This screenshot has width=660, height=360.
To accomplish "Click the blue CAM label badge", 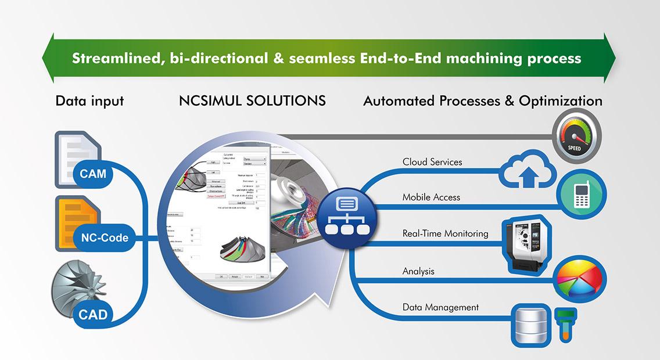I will pyautogui.click(x=92, y=172).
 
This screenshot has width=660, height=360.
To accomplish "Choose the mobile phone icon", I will pyautogui.click(x=582, y=195).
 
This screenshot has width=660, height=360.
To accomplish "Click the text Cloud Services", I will pyautogui.click(x=432, y=162).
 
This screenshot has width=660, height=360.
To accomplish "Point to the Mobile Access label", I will pyautogui.click(x=431, y=197).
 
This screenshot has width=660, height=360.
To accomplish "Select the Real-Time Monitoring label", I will pyautogui.click(x=445, y=233).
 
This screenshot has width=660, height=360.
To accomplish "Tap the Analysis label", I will pyautogui.click(x=418, y=271).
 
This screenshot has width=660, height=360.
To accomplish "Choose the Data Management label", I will pyautogui.click(x=440, y=307).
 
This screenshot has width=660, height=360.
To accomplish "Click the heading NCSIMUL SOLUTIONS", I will pyautogui.click(x=253, y=100).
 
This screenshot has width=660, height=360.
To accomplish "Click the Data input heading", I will pyautogui.click(x=89, y=100).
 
